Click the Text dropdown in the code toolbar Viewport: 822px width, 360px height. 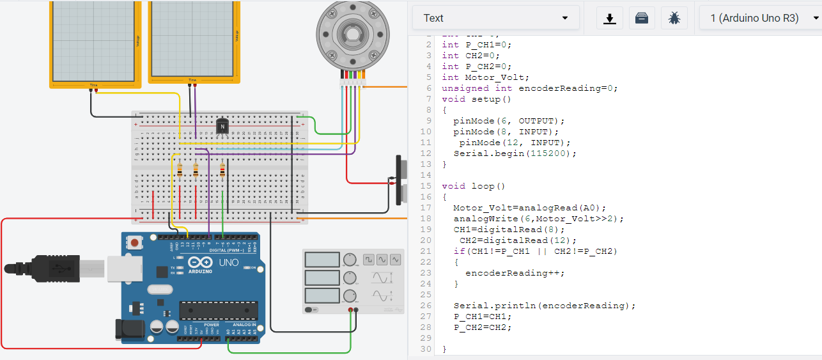tap(495, 18)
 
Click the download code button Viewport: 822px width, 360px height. tap(610, 18)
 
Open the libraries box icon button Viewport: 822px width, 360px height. tap(642, 18)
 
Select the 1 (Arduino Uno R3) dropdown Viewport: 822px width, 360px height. tap(760, 18)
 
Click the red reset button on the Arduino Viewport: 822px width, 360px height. tap(135, 243)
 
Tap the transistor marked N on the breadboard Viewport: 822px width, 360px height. tap(222, 127)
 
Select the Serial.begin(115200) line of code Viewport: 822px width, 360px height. tap(515, 153)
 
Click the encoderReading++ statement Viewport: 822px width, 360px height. tap(515, 273)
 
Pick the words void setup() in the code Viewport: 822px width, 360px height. tap(472, 99)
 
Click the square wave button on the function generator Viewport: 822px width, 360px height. tap(368, 260)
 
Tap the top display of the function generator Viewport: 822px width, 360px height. tap(322, 260)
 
